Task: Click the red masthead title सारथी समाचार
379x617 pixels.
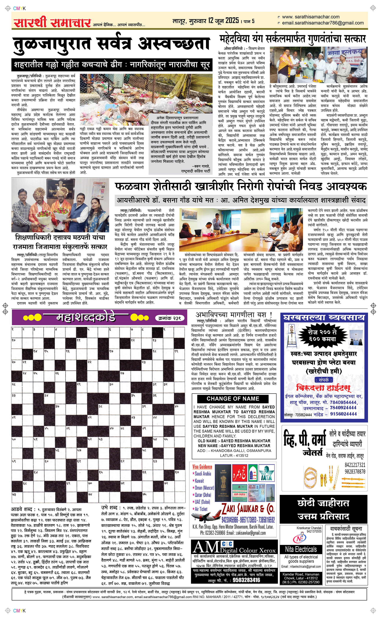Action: [52, 23]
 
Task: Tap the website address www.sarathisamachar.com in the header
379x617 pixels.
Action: [311, 17]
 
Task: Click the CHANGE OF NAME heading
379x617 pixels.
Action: [233, 398]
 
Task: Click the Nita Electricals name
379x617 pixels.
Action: [301, 549]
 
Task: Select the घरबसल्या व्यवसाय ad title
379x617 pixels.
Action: [324, 318]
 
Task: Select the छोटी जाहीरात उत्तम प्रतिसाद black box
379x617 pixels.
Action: [323, 510]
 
